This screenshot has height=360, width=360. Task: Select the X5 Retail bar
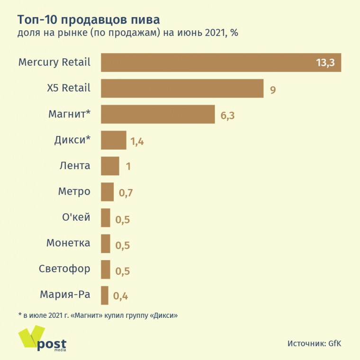[182, 89]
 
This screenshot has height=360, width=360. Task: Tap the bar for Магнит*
[158, 114]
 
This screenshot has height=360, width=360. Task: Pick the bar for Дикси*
[114, 140]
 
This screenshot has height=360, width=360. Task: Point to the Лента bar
[110, 166]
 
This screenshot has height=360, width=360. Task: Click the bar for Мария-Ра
[105, 296]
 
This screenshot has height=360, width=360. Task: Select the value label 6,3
[227, 115]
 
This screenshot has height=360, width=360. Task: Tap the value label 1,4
[137, 141]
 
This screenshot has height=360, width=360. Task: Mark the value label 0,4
[120, 297]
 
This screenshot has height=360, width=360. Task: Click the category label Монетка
[68, 243]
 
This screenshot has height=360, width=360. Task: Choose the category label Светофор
[64, 269]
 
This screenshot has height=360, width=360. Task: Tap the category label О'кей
[76, 218]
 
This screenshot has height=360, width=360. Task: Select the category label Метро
[74, 192]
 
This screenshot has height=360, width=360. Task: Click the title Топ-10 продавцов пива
[89, 20]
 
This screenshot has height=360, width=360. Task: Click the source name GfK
[334, 343]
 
